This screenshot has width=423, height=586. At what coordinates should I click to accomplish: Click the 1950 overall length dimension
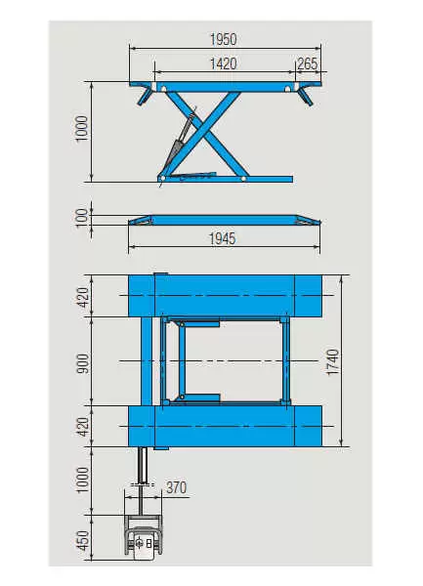(x=223, y=39)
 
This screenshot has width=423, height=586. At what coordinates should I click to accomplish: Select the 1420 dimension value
(x=223, y=63)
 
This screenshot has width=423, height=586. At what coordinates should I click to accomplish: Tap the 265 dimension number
(x=307, y=63)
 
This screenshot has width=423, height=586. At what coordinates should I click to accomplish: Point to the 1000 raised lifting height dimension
(x=82, y=128)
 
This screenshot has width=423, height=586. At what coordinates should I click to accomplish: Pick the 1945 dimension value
(x=223, y=238)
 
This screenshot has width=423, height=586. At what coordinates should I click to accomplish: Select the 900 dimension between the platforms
(x=83, y=363)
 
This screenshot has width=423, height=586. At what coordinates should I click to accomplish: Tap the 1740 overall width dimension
(x=332, y=361)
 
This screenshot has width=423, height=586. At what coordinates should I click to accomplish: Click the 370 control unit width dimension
(x=176, y=487)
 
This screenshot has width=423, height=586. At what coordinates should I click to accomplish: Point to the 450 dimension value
(x=83, y=540)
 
